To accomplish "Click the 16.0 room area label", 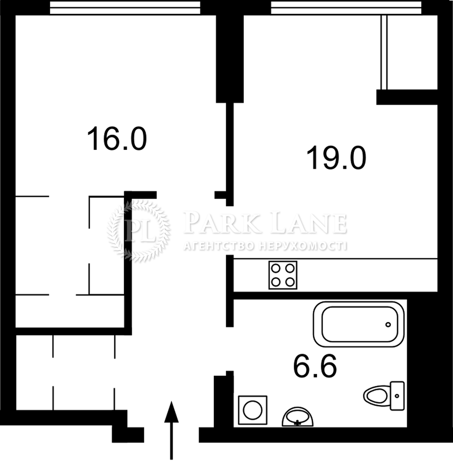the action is pyautogui.click(x=117, y=138).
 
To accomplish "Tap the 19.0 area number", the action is pyautogui.click(x=336, y=158).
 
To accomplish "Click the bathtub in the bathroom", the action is pyautogui.click(x=359, y=325).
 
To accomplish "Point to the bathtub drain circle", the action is pyautogui.click(x=388, y=325).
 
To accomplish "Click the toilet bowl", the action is pyautogui.click(x=377, y=396).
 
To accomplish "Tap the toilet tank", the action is pyautogui.click(x=397, y=396).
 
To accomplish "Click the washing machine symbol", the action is pyautogui.click(x=253, y=410).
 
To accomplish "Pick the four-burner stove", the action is pyautogui.click(x=283, y=275).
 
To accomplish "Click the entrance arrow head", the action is pyautogui.click(x=171, y=412).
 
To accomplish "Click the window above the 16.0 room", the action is pyautogui.click(x=125, y=8).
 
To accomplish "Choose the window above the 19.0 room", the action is pyautogui.click(x=346, y=8).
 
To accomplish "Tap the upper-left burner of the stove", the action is pyautogui.click(x=276, y=268).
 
